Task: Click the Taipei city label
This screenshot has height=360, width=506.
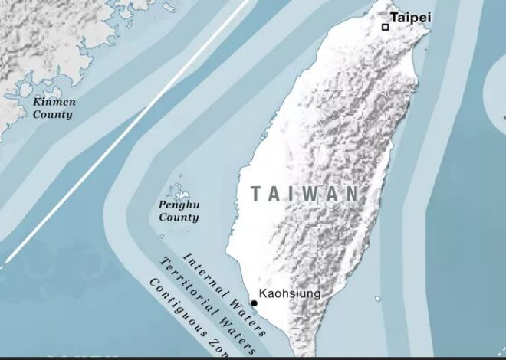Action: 411,17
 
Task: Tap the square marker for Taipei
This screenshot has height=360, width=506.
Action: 386,27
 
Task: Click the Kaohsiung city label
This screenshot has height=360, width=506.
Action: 290,293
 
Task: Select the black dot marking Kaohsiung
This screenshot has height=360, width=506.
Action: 254,303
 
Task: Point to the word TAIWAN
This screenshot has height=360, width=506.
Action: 304,194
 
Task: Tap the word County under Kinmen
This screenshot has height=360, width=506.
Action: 52,115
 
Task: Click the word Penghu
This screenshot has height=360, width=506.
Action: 178,205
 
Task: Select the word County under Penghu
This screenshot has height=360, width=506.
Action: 179,218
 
